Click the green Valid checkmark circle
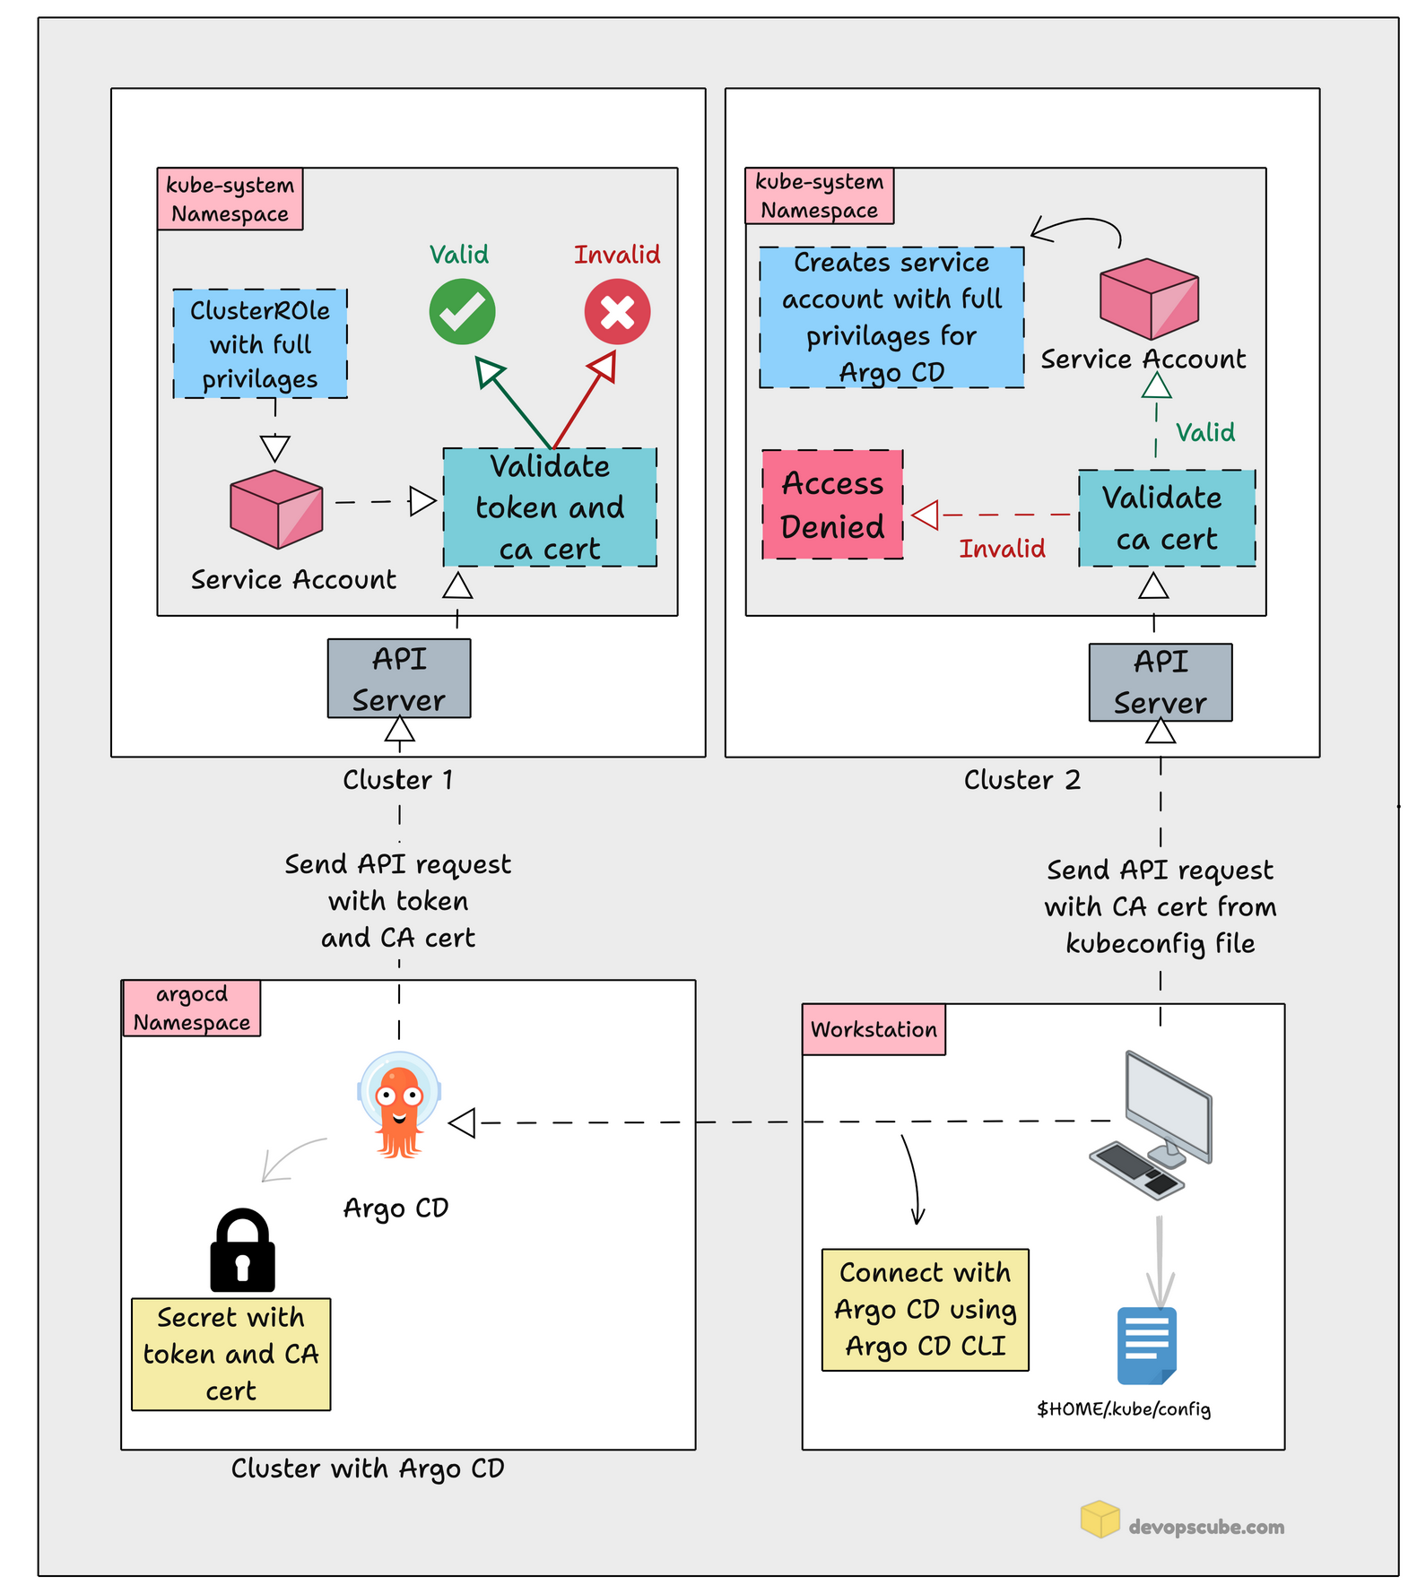(462, 312)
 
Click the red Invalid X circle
(617, 312)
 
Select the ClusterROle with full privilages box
(260, 343)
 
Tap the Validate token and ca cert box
(550, 507)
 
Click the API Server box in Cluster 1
(399, 679)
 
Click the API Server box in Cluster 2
(1161, 682)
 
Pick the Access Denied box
(832, 505)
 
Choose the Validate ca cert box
(1167, 518)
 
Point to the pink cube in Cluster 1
(276, 508)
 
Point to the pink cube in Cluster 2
(1150, 299)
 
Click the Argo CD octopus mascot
(399, 1105)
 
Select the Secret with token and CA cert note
(231, 1354)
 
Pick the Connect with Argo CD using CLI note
(926, 1310)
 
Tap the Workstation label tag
(874, 1029)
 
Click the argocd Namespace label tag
(191, 1009)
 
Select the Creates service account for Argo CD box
(891, 317)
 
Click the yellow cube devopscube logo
(1100, 1519)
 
